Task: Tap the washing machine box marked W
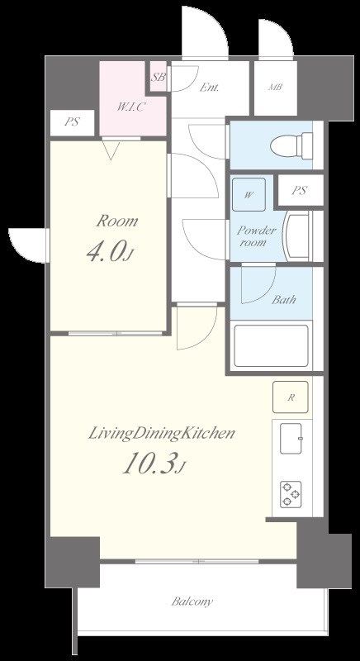tap(249, 194)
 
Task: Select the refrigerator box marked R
tap(291, 397)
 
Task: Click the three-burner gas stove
tap(291, 494)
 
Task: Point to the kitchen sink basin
tap(291, 439)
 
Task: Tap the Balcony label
tap(192, 602)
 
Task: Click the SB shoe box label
tap(159, 77)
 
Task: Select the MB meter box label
tap(275, 88)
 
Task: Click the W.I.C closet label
tap(131, 107)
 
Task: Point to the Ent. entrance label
tap(209, 88)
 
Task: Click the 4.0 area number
tap(110, 251)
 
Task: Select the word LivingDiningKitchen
tap(161, 434)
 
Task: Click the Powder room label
tap(255, 236)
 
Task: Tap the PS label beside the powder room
tap(299, 190)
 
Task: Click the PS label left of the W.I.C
tap(72, 122)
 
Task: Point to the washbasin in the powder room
tap(297, 236)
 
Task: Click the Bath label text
tap(283, 300)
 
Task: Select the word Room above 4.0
tap(116, 221)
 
